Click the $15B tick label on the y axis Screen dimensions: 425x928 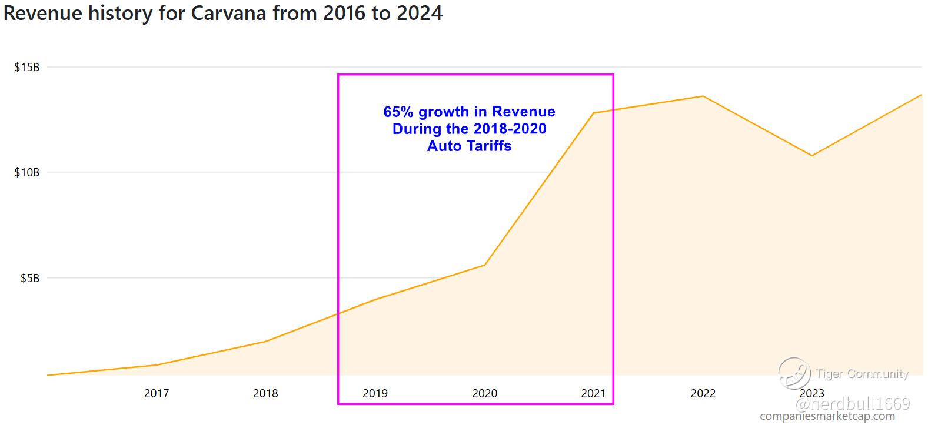(x=27, y=67)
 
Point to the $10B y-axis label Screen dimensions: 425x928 (x=27, y=172)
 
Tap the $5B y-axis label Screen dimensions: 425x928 (x=29, y=278)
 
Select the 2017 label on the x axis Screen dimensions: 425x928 (x=157, y=393)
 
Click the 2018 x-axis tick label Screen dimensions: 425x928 (x=265, y=393)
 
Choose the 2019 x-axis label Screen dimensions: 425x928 (x=375, y=393)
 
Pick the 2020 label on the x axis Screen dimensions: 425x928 (x=484, y=393)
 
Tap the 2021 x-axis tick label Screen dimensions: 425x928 (x=593, y=393)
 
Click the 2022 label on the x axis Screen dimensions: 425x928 (x=703, y=393)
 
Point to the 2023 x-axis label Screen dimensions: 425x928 (x=812, y=393)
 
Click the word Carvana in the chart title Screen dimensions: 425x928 (x=229, y=13)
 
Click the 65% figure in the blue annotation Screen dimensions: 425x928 (x=397, y=112)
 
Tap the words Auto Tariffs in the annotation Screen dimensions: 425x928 (x=469, y=146)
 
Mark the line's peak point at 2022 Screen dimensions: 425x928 (x=703, y=96)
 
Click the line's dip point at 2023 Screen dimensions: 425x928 (x=812, y=156)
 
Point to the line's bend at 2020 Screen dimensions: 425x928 (x=484, y=265)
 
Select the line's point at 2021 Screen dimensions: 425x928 (x=593, y=113)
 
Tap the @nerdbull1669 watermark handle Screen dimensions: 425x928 (x=853, y=404)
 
